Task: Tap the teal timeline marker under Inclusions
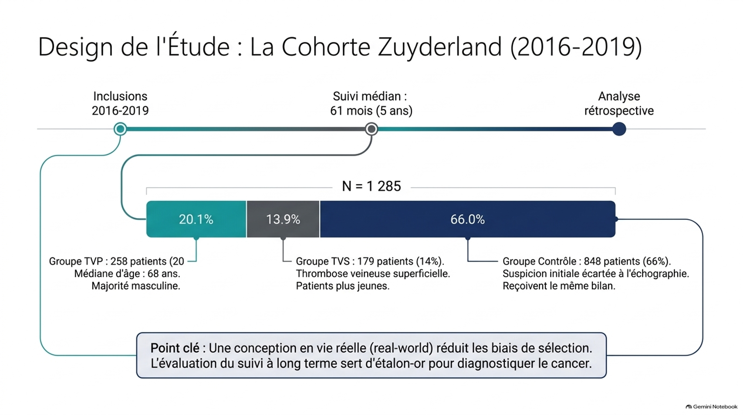[x=120, y=129]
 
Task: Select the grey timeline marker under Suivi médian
[x=371, y=129]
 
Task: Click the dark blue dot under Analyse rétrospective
[x=619, y=129]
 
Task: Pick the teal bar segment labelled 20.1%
[x=196, y=219]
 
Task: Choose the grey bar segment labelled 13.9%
[x=283, y=219]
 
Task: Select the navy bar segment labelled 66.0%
[x=468, y=219]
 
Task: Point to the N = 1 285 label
[x=371, y=186]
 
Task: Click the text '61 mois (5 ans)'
[x=371, y=111]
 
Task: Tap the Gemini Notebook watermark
[x=712, y=407]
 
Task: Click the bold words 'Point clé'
[x=175, y=348]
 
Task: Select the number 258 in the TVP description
[x=119, y=261]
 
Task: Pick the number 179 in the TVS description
[x=366, y=261]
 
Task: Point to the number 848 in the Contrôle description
[x=593, y=261]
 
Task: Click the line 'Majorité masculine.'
[x=136, y=286]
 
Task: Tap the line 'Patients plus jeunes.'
[x=343, y=286]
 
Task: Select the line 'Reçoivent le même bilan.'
[x=559, y=286]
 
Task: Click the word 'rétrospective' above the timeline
[x=619, y=111]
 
